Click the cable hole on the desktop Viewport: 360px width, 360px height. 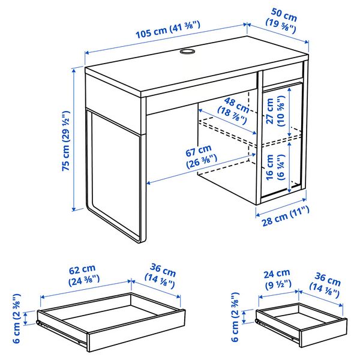tap(187, 53)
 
